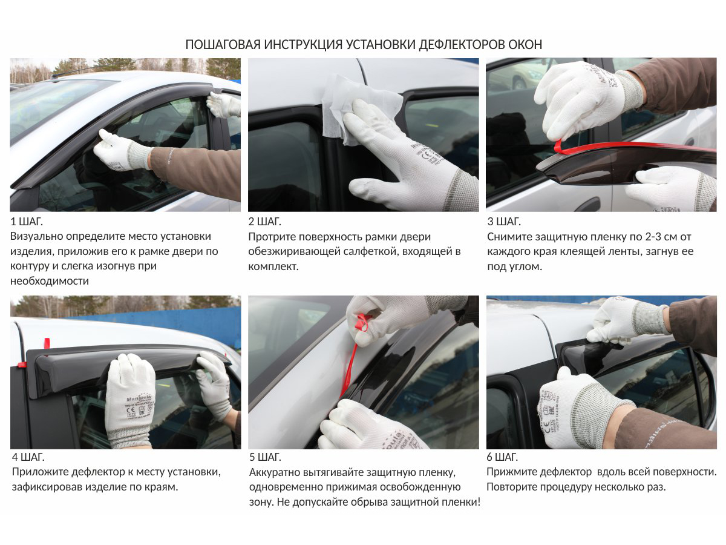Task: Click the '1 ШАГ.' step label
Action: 27,222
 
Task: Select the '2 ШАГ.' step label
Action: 264,222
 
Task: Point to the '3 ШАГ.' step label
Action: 504,222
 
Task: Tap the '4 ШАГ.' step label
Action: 28,457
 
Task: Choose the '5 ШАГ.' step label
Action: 265,457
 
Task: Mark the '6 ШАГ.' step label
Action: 502,457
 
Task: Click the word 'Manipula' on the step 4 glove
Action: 139,397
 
